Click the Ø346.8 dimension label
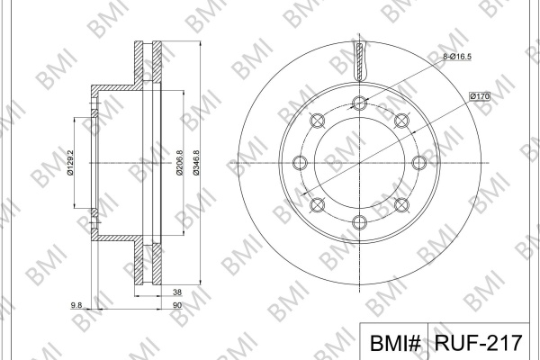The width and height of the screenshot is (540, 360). (x=196, y=163)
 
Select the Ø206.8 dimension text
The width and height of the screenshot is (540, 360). (x=179, y=163)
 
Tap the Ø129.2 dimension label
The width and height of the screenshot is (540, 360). (x=70, y=163)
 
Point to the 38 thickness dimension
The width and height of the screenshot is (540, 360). (x=177, y=292)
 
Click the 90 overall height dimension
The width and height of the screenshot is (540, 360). (x=177, y=305)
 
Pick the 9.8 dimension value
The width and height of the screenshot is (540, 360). (x=76, y=305)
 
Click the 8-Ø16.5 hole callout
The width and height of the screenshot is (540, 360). (x=456, y=57)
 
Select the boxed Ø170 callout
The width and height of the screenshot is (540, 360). (x=480, y=96)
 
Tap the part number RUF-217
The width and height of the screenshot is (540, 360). (x=479, y=342)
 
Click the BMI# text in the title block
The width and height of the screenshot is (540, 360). (x=395, y=343)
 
